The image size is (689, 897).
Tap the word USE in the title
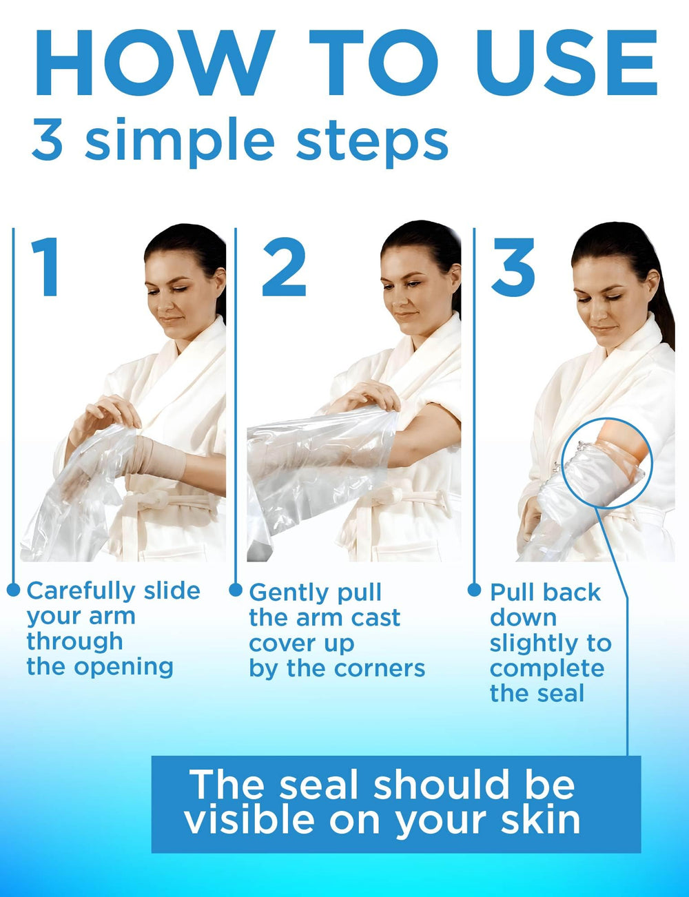[567, 63]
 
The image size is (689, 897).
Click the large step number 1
[46, 267]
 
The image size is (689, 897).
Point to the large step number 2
[285, 267]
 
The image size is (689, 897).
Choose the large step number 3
[513, 267]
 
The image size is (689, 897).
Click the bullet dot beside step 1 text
[14, 590]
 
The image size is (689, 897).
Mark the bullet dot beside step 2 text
[236, 590]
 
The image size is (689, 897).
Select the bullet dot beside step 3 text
[474, 590]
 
